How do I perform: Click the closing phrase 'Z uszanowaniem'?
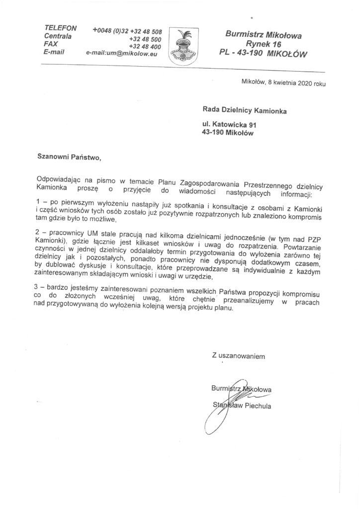pos(235,356)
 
